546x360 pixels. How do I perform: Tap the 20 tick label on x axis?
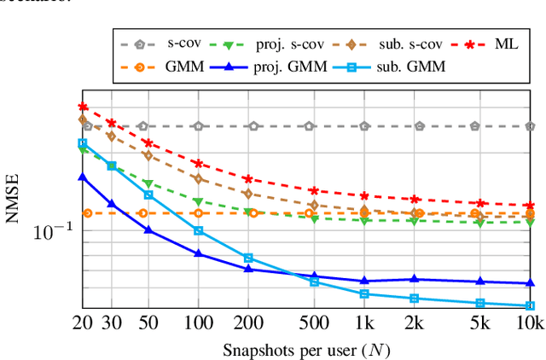pyautogui.click(x=83, y=323)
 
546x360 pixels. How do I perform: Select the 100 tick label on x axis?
pyautogui.click(x=198, y=323)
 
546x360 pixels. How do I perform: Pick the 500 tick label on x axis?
pyautogui.click(x=314, y=323)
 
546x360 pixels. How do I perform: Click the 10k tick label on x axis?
pyautogui.click(x=530, y=323)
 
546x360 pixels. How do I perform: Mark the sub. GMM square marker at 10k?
pyautogui.click(x=530, y=305)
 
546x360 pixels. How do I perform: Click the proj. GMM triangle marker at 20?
pyautogui.click(x=83, y=177)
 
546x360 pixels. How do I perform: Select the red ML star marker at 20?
pyautogui.click(x=83, y=107)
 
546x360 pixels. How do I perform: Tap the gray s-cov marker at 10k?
pyautogui.click(x=530, y=125)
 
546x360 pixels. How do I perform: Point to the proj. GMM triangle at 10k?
pyautogui.click(x=530, y=282)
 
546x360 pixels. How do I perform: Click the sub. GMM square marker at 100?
pyautogui.click(x=198, y=230)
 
